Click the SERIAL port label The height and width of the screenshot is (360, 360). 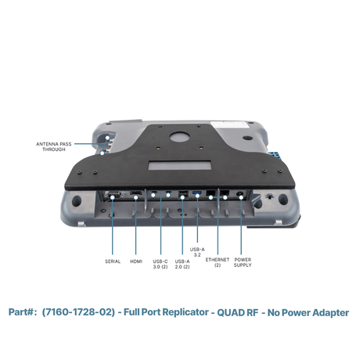point(113,261)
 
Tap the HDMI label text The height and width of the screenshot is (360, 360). point(136,261)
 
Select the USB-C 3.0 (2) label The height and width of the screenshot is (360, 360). point(160,264)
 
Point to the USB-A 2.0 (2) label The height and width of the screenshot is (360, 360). point(182,264)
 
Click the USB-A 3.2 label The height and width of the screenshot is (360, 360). point(197,252)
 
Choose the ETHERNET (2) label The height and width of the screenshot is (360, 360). point(218,262)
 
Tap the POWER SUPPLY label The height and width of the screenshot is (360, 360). point(243,262)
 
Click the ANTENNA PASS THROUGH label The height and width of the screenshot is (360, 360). point(54,146)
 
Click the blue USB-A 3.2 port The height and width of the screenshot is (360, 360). point(197,193)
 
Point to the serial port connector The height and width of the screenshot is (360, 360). point(113,195)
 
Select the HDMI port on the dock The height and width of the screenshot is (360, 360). point(136,193)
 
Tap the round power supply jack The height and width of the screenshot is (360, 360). point(239,194)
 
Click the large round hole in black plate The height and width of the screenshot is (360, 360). point(179,136)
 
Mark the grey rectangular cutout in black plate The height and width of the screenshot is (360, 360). point(180,166)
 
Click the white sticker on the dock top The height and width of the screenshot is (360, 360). point(230,125)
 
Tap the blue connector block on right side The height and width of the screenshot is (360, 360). point(276,155)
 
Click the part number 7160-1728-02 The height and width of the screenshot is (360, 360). point(78,312)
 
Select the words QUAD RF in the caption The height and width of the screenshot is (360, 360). point(238,312)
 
